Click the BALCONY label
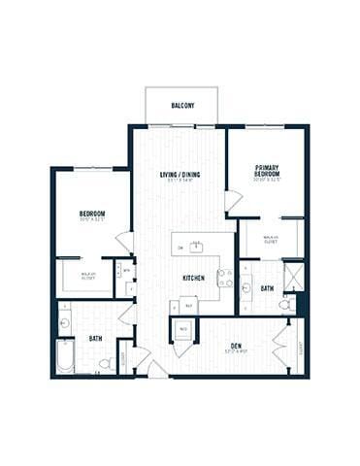pos(180,105)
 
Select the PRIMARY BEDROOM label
pos(268,169)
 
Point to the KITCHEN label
pos(193,278)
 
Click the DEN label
pos(237,344)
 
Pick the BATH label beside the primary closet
pos(266,287)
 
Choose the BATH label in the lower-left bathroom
pos(96,338)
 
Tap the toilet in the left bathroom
pos(105,363)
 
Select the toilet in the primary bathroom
pos(284,304)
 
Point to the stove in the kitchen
pos(224,279)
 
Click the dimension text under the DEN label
pos(237,351)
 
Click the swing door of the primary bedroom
pos(233,200)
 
